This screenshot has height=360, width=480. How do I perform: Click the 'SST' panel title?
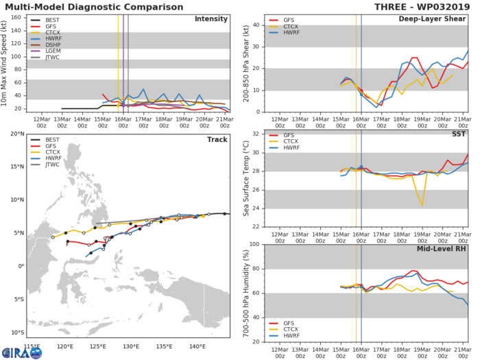[458, 134]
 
